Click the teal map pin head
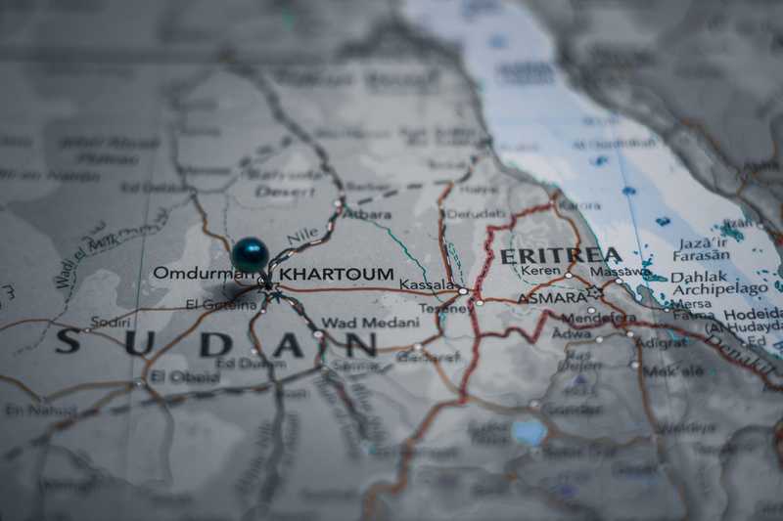250,254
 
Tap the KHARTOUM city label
337,275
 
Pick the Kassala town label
428,285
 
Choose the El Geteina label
220,305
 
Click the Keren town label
540,271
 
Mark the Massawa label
618,271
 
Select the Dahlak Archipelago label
718,282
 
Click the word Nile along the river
302,236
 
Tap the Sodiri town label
110,321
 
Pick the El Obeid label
182,376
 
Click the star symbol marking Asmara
594,291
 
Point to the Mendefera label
598,319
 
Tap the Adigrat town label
663,344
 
